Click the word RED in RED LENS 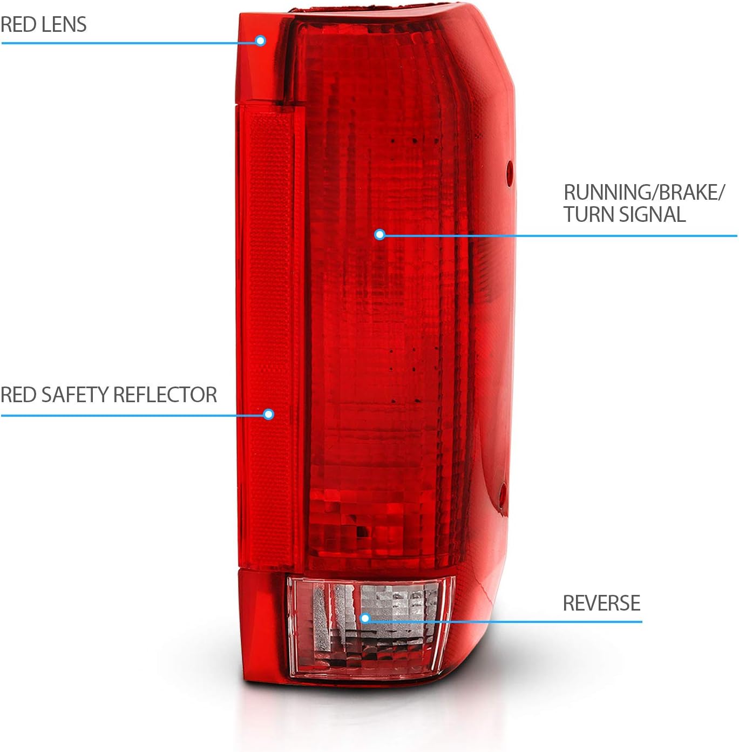[x=18, y=25]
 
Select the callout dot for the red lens [x=261, y=40]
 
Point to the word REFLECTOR [x=166, y=395]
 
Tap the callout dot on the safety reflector [x=269, y=415]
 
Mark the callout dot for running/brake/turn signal [x=379, y=234]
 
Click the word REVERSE [x=601, y=603]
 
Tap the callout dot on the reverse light [x=365, y=618]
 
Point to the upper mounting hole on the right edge [x=509, y=172]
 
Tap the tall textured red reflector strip [x=269, y=324]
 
